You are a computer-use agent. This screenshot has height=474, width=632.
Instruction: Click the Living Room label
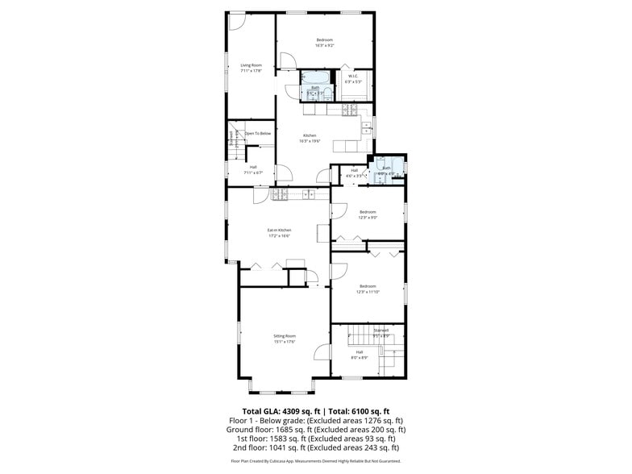pyautogui.click(x=252, y=65)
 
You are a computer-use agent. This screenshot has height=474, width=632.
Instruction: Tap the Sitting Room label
pyautogui.click(x=285, y=335)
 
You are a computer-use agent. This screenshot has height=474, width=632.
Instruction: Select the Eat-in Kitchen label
pyautogui.click(x=280, y=231)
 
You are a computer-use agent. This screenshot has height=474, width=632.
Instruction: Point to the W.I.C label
pyautogui.click(x=353, y=77)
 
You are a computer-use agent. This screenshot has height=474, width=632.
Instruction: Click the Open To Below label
pyautogui.click(x=258, y=133)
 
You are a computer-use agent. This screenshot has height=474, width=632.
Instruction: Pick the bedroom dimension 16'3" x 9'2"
pyautogui.click(x=324, y=45)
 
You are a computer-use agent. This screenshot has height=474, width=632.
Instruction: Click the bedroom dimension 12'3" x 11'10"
pyautogui.click(x=368, y=292)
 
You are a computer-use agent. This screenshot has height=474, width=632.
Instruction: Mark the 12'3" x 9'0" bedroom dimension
pyautogui.click(x=368, y=218)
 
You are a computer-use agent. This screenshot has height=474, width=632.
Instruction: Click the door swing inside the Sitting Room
pyautogui.click(x=322, y=353)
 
